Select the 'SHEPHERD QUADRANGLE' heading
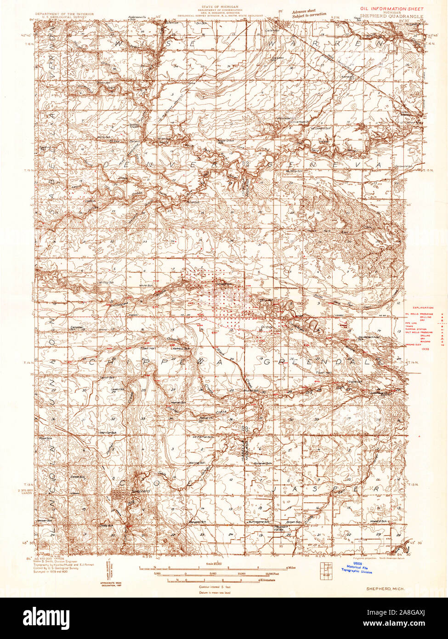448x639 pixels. pos(398,15)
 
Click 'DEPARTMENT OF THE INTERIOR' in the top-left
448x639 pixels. pos(67,14)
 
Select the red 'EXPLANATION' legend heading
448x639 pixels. pos(420,306)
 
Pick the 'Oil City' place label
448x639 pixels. pos(267,327)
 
